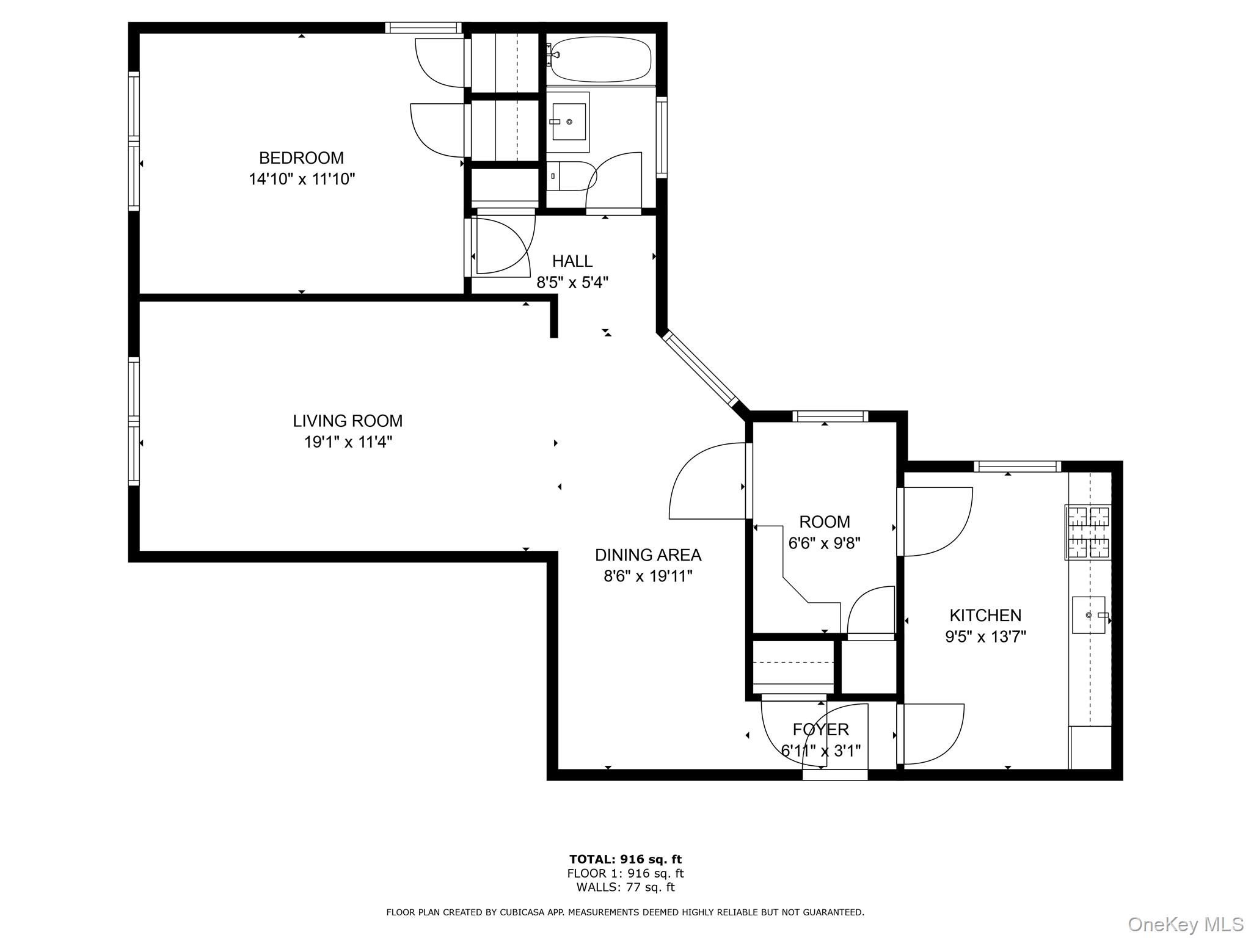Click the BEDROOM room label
point(301,158)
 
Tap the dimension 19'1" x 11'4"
point(348,442)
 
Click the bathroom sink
point(567,122)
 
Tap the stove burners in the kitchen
point(1088,533)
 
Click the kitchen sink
point(1089,615)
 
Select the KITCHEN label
point(985,616)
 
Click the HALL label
point(572,261)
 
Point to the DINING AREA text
point(648,555)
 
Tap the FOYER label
point(820,730)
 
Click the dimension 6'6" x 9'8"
point(824,544)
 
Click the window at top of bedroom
point(423,27)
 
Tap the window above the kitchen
point(1017,467)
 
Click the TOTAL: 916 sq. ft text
point(625,860)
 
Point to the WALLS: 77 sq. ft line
point(625,887)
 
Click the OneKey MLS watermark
point(1185,925)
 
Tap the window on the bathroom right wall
point(661,137)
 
